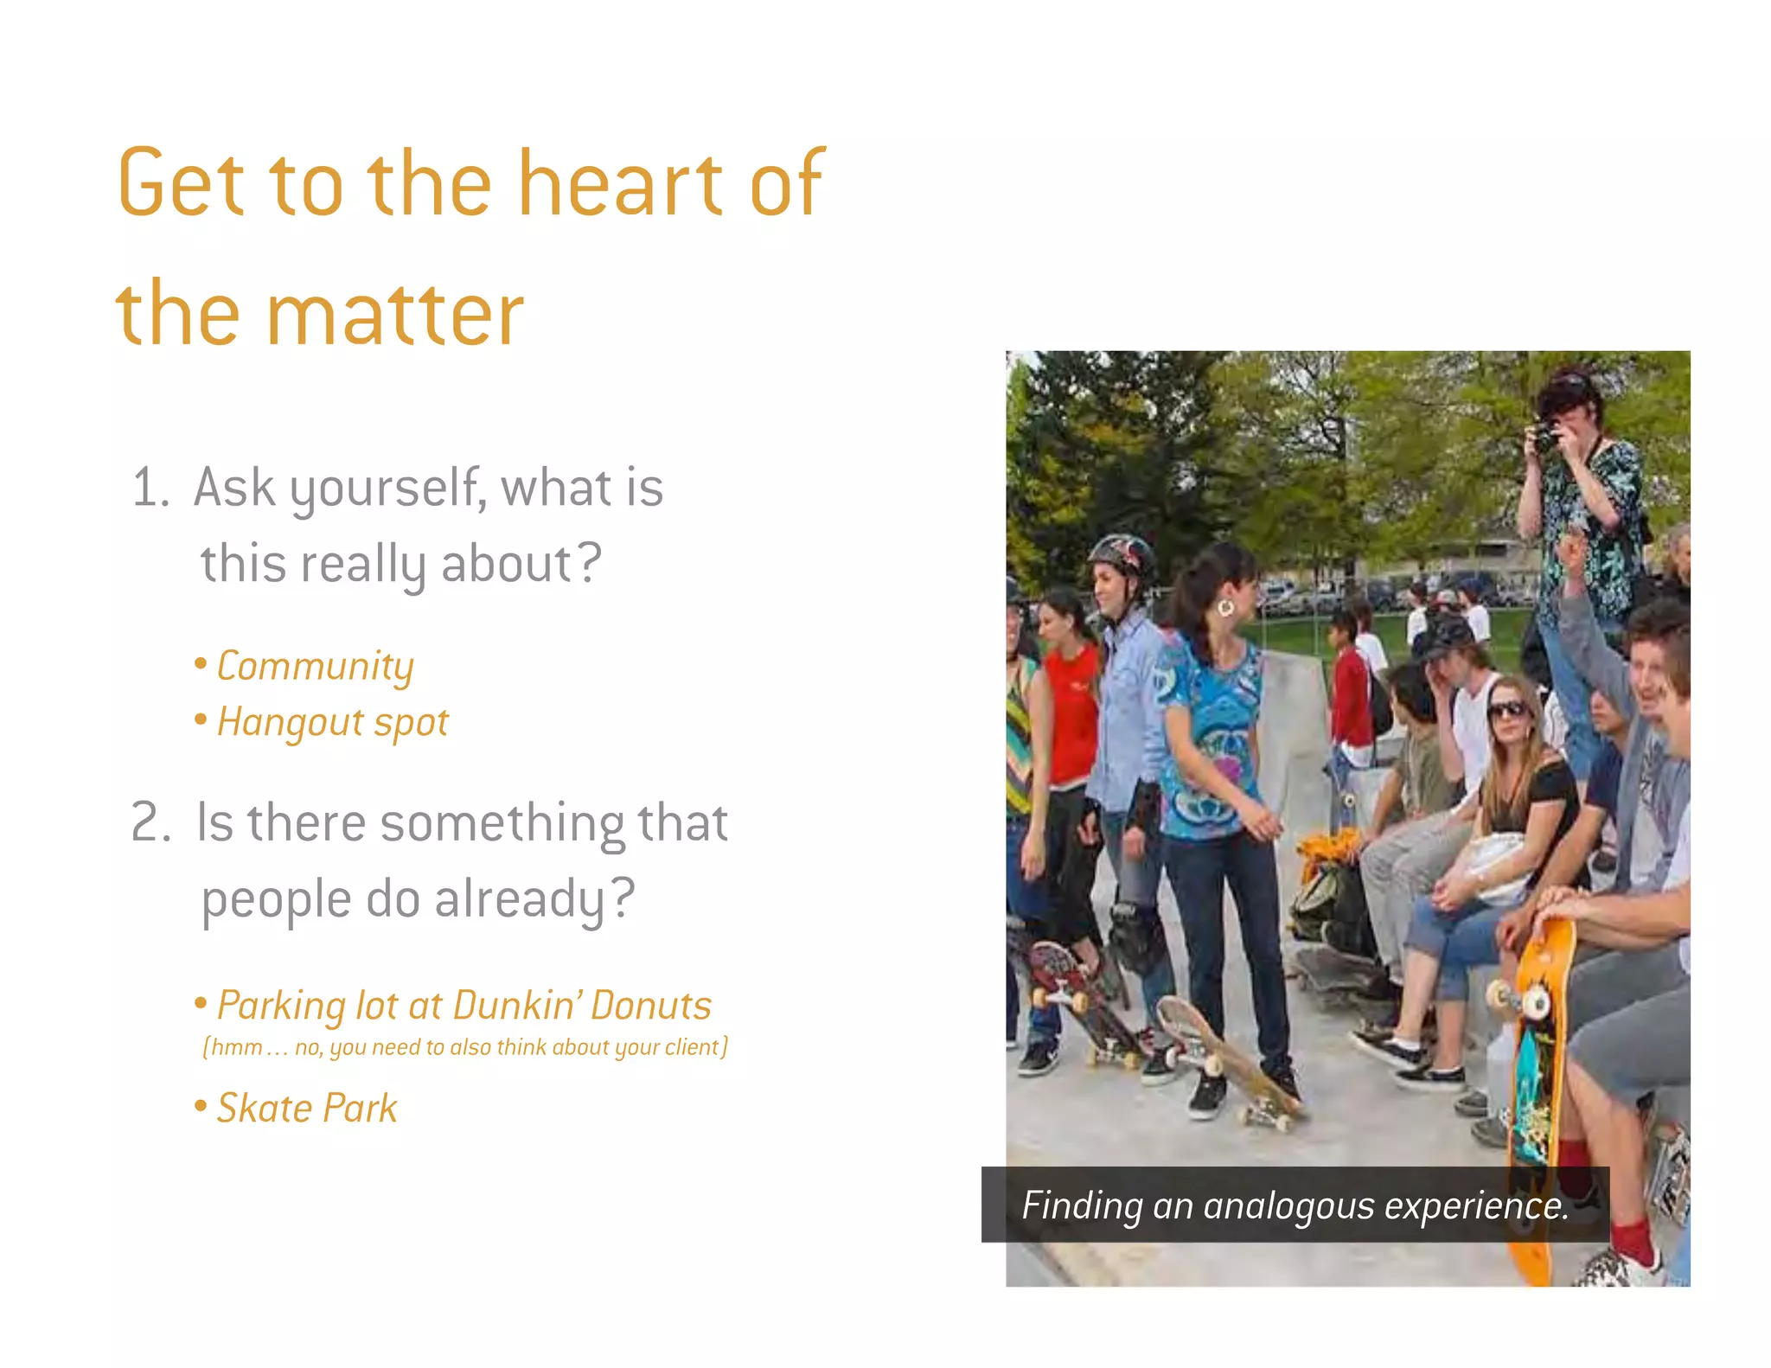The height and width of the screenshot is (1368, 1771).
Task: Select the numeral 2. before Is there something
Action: (x=150, y=821)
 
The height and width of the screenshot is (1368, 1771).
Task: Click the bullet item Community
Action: (x=315, y=667)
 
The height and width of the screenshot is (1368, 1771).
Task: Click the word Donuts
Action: (x=651, y=1006)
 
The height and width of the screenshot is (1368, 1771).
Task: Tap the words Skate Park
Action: (x=307, y=1109)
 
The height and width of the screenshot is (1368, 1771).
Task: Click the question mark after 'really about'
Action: (x=590, y=564)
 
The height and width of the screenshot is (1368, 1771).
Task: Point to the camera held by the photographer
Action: (x=1543, y=437)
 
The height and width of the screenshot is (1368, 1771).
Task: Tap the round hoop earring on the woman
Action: (x=1225, y=608)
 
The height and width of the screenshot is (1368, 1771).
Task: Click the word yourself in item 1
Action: (x=387, y=489)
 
